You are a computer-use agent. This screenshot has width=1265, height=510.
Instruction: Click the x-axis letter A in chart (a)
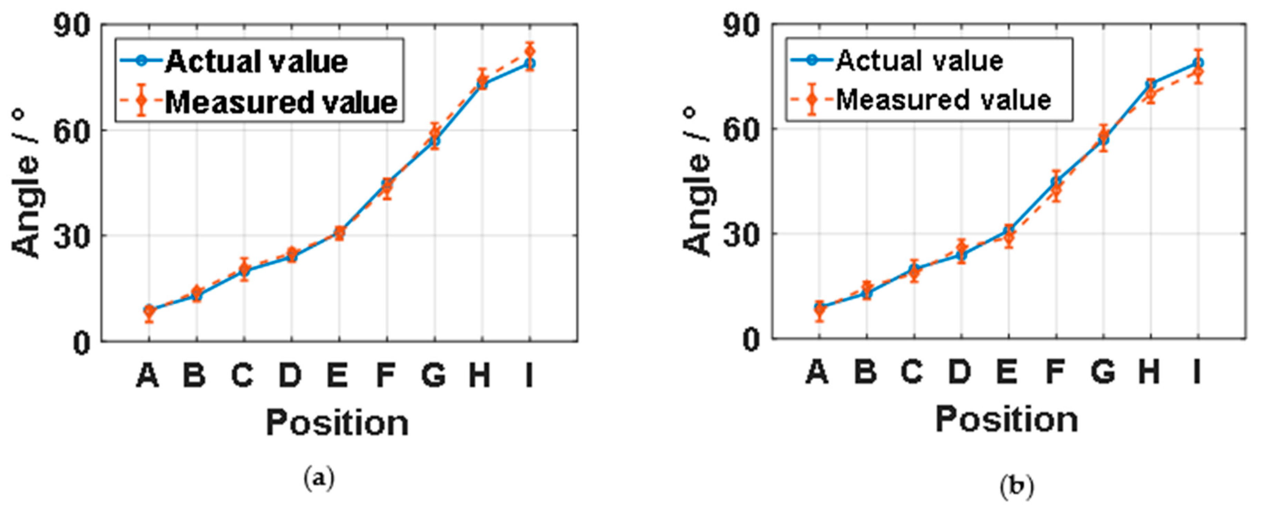[148, 376]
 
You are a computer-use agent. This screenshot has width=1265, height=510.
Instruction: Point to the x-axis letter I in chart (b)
[1197, 372]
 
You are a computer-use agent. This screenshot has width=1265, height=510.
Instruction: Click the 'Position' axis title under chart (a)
[337, 422]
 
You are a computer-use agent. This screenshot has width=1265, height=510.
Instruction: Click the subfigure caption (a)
[319, 478]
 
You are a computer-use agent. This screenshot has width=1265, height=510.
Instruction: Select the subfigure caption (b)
[1017, 487]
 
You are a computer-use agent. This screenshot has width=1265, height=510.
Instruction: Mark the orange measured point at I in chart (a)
[529, 51]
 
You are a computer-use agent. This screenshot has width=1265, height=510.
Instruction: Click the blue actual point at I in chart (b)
[1198, 63]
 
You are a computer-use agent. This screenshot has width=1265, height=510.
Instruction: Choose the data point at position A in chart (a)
[149, 311]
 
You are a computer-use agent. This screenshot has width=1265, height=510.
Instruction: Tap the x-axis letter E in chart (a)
[337, 376]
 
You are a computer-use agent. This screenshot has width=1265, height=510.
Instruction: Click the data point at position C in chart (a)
[244, 270]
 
